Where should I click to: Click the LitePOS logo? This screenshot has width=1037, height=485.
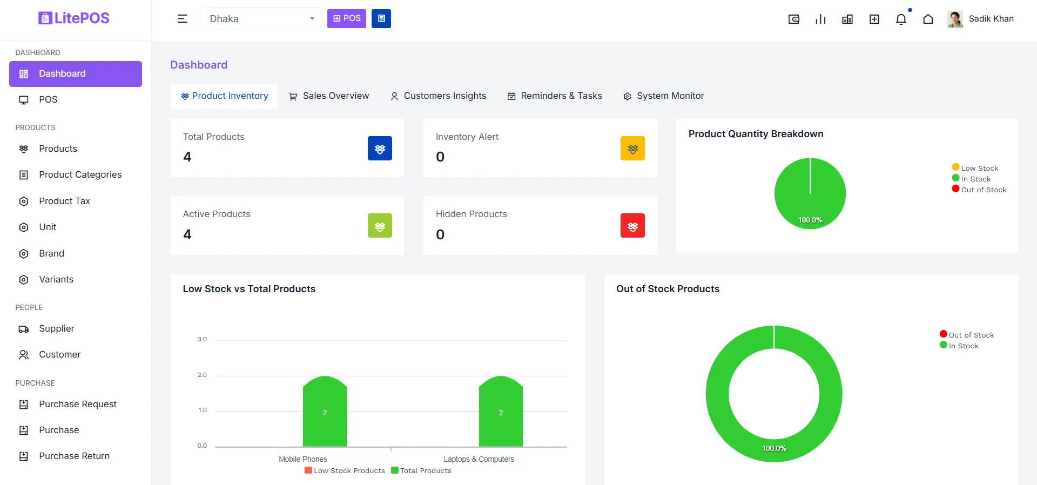pos(74,18)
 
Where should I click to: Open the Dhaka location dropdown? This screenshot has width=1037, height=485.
pos(260,19)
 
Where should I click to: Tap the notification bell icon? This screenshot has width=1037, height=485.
pos(901,19)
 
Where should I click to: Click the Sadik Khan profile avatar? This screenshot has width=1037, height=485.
pos(955,19)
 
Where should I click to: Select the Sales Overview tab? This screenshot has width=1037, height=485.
pos(329,96)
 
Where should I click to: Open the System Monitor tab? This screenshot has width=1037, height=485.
pos(664,96)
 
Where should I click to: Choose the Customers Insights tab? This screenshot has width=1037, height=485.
pos(438,96)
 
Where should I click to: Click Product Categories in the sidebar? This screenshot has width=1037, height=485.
pos(80,175)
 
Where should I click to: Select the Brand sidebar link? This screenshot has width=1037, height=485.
pos(51,254)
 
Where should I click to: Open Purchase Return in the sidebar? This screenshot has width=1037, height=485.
pos(74,456)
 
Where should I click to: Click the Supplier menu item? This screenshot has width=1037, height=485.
pos(56,329)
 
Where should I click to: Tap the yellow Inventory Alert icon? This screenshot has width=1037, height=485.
pos(632,149)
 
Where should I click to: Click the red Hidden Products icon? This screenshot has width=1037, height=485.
pos(632,226)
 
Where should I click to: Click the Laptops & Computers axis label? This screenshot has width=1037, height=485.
pos(479,460)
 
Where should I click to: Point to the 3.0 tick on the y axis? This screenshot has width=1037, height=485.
pos(202,340)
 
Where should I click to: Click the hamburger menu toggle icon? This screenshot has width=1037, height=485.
pos(183,19)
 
